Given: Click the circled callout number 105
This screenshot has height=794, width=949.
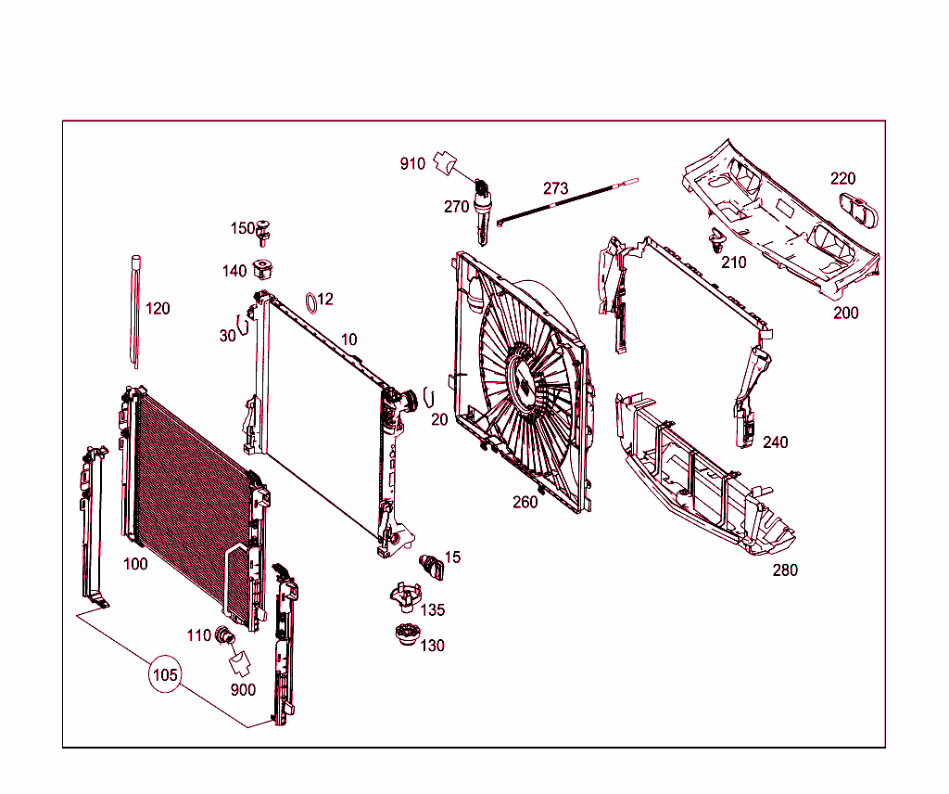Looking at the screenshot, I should click(x=165, y=674).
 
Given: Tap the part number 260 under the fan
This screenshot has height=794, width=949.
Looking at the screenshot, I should click(x=525, y=503).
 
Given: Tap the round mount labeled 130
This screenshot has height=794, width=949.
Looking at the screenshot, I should click(x=404, y=641).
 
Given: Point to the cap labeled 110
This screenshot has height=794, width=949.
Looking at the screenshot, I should click(x=224, y=636).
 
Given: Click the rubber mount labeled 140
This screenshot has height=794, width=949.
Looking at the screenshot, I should click(x=266, y=270).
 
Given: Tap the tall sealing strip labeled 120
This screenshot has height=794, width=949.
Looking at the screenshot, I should click(x=135, y=311).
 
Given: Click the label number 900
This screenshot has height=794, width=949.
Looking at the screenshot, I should click(x=243, y=690).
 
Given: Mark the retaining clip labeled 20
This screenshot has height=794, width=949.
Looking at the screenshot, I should click(x=428, y=396).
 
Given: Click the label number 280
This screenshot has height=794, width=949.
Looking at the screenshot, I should click(x=785, y=570).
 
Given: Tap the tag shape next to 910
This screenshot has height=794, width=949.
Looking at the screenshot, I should click(x=446, y=164).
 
